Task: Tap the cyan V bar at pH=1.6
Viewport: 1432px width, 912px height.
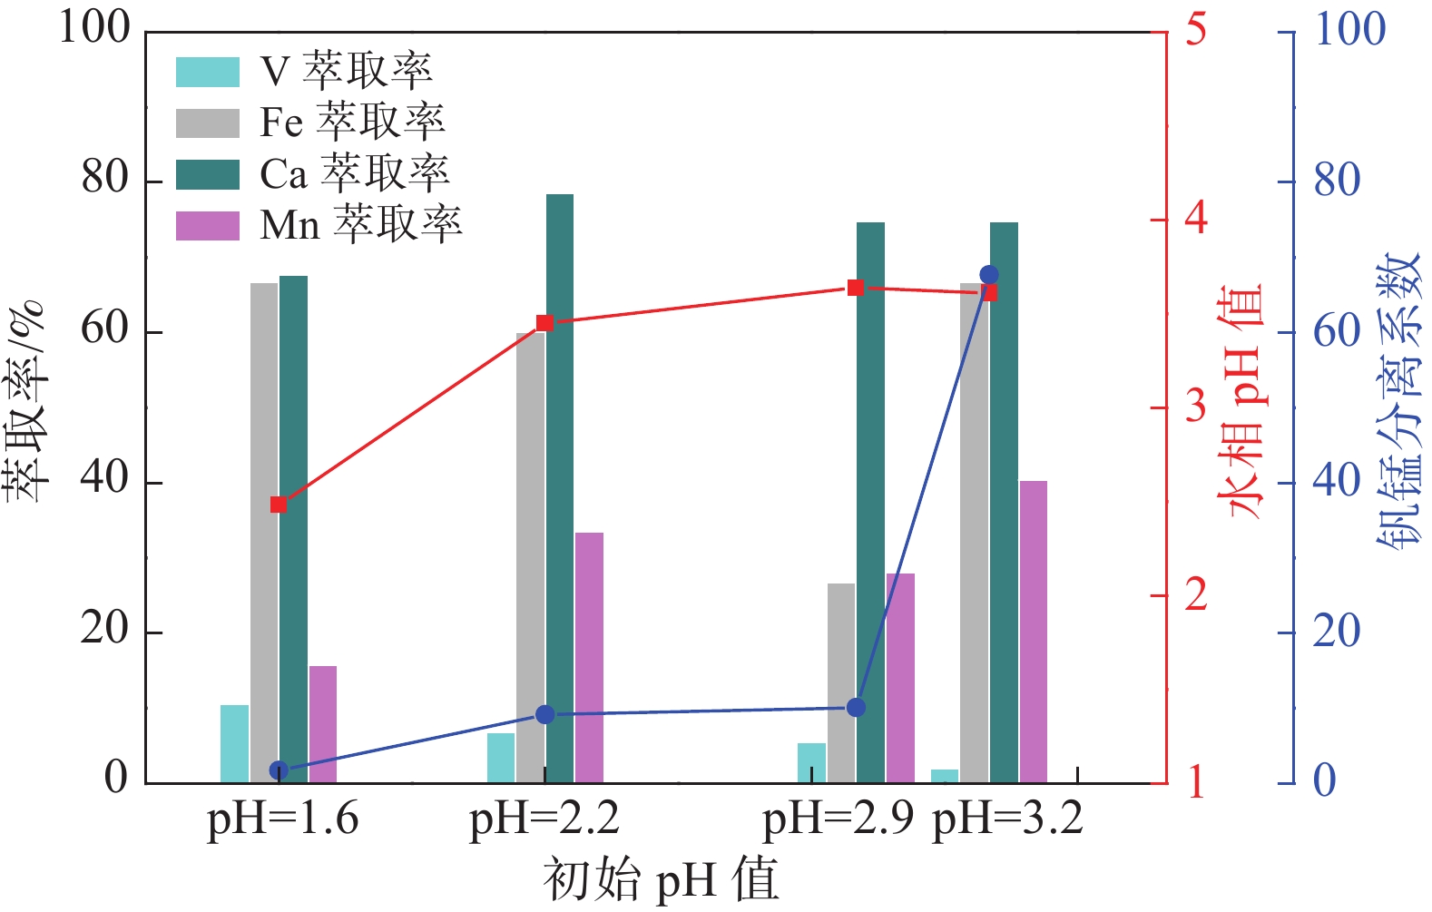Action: tap(234, 743)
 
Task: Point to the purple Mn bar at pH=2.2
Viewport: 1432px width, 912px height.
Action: tap(589, 657)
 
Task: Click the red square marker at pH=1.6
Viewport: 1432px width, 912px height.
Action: tap(279, 505)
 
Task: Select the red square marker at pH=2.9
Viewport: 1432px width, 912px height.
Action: tap(856, 289)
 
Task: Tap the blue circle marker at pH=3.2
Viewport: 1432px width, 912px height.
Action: tap(989, 275)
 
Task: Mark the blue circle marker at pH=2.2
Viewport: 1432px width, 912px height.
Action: tap(545, 715)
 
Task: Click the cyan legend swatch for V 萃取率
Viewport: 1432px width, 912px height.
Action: tap(208, 72)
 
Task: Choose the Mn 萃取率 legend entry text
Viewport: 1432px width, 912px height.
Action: tap(361, 225)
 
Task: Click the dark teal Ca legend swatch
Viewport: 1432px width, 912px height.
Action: tap(208, 174)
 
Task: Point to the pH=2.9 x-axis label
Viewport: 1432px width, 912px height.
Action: tap(838, 819)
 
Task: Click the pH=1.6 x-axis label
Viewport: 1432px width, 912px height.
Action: tap(283, 819)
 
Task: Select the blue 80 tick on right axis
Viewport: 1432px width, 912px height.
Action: tap(1337, 181)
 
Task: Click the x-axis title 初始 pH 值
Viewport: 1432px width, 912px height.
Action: tap(662, 879)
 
